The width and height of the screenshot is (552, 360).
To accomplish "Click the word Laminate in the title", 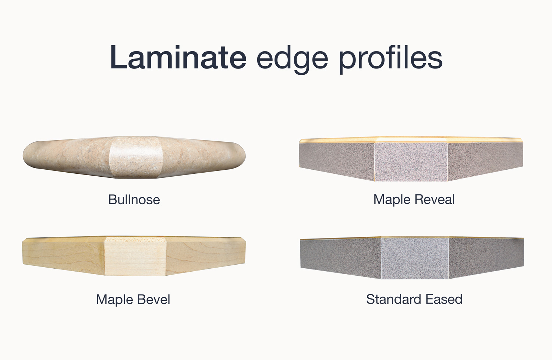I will (x=178, y=57).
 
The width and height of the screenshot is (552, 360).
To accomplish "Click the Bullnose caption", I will (x=134, y=200).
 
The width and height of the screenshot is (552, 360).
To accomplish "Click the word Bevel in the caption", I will (x=154, y=299).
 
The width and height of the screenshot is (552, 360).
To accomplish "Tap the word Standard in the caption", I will (x=394, y=299).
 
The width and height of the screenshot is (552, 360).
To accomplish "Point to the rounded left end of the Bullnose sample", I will (x=31, y=155).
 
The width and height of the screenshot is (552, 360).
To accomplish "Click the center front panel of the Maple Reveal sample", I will (x=411, y=161).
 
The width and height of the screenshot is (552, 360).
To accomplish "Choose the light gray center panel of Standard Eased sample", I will (x=415, y=258).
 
